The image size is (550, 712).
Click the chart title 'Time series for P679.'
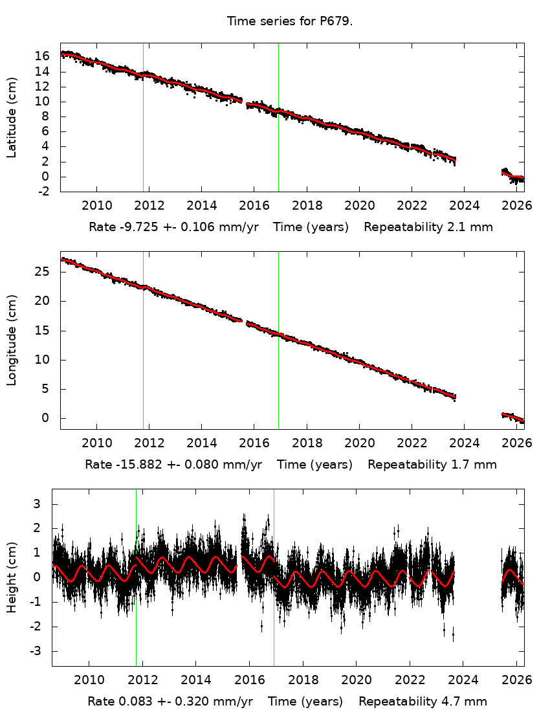[x=290, y=21]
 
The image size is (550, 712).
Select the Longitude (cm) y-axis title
[x=12, y=340]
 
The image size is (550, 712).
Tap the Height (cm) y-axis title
[x=12, y=577]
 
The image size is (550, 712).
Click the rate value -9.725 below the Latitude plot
[x=134, y=227]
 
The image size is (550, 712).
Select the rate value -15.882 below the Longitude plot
[x=134, y=465]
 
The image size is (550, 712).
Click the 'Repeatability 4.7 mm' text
[x=423, y=702]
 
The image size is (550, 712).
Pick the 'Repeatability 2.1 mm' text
[x=428, y=227]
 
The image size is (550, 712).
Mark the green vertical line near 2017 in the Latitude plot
[x=278, y=117]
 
